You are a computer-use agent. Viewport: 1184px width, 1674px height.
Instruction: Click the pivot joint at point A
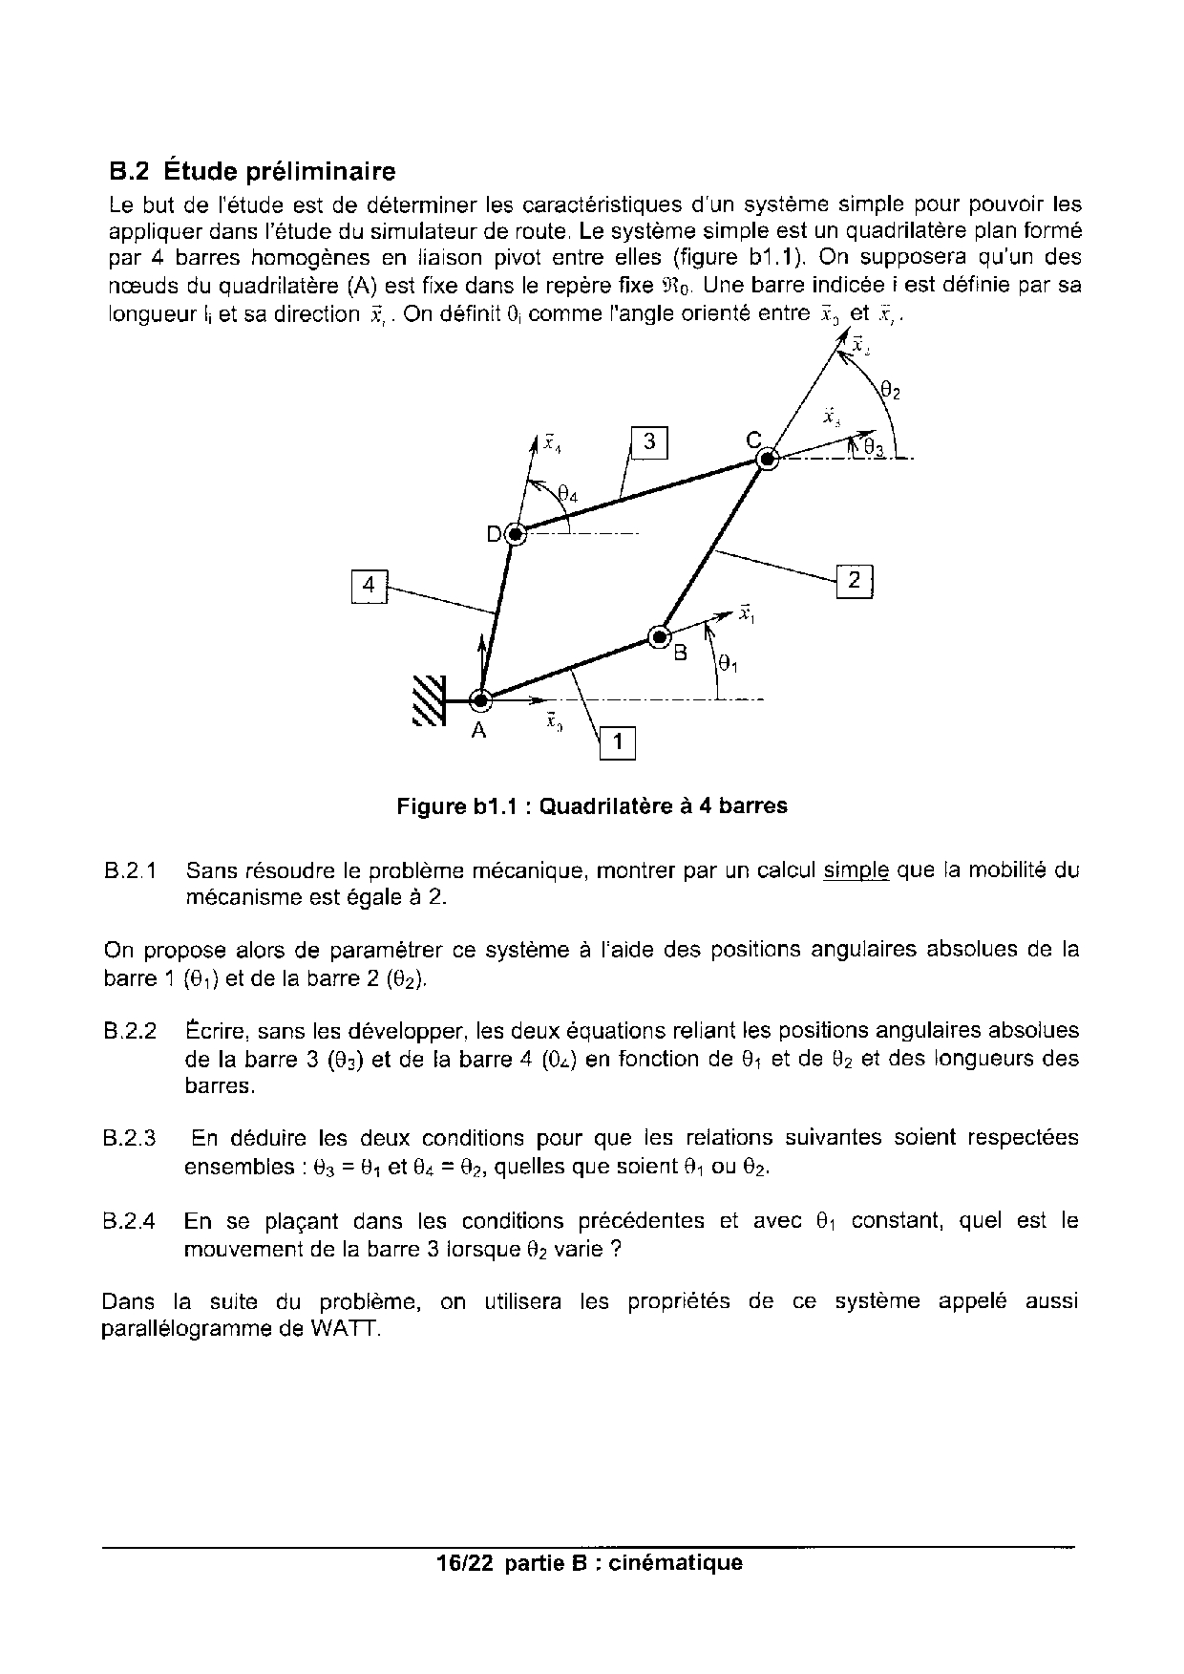tap(480, 700)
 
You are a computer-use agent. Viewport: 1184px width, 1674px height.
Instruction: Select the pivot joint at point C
tap(767, 460)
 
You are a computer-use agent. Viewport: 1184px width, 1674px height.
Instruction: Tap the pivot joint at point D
tap(515, 535)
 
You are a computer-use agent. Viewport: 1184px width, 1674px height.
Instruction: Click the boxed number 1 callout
tap(617, 742)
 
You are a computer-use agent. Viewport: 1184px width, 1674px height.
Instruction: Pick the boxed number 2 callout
tap(855, 580)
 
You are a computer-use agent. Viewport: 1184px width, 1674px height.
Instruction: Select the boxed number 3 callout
tap(649, 441)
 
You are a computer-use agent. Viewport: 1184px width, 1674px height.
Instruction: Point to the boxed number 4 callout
tap(369, 585)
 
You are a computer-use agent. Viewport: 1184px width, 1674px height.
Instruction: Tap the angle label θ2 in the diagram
tap(890, 390)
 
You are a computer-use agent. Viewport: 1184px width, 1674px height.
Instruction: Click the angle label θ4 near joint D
tap(567, 493)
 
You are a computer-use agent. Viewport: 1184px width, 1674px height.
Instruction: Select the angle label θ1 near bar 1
tap(728, 662)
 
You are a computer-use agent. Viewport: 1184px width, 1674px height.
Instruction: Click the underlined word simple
tap(856, 870)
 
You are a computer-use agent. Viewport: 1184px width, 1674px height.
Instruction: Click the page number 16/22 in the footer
tap(463, 1563)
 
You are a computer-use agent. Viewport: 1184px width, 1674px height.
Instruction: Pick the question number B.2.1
tap(130, 871)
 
